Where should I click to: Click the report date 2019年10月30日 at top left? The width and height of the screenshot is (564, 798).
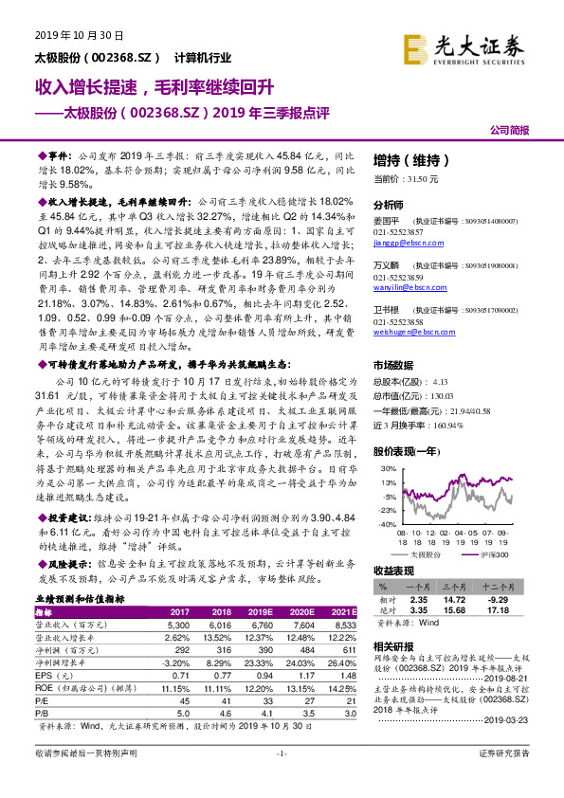(x=68, y=36)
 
